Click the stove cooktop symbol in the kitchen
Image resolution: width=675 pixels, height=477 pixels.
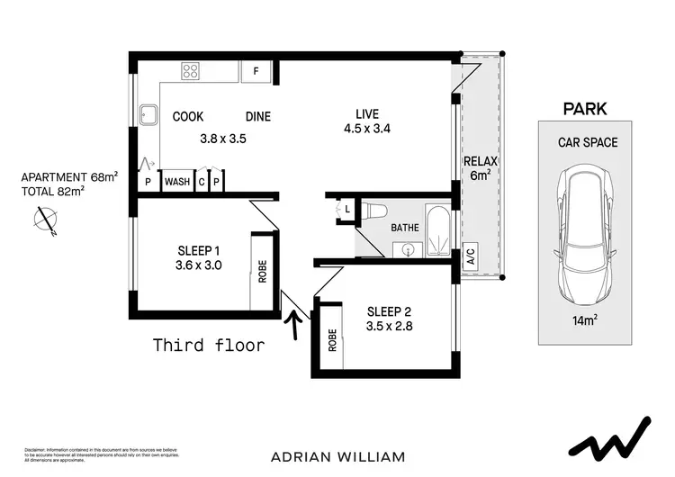[191, 70]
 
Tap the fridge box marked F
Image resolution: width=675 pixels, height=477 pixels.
[256, 71]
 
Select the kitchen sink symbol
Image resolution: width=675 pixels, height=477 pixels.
[148, 115]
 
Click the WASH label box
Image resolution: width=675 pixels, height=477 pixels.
[176, 181]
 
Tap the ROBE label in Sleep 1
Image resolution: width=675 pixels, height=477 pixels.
[263, 271]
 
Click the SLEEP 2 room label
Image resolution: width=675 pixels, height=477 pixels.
[389, 311]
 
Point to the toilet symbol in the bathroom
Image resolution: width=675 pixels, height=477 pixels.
[377, 211]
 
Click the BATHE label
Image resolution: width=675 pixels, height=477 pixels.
[404, 228]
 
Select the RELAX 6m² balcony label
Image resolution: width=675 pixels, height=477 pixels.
[479, 168]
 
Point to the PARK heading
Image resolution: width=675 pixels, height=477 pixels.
[584, 109]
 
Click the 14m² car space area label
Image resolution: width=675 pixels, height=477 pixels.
[584, 320]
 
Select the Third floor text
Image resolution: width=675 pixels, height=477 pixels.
[209, 345]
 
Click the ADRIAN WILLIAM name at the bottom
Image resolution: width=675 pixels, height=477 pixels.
[337, 456]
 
